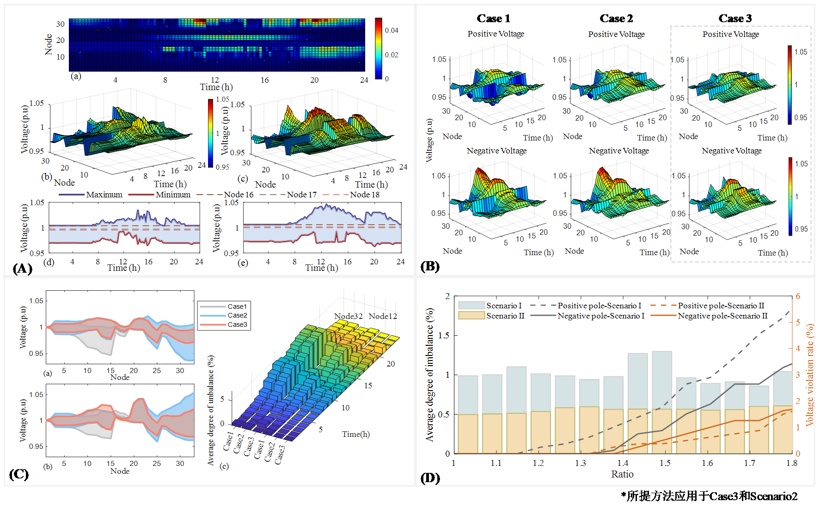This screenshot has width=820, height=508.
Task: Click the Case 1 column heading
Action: (x=494, y=18)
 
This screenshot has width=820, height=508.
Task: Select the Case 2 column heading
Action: (x=616, y=18)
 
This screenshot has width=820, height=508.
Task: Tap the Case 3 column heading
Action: (x=735, y=18)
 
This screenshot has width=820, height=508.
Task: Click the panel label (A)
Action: (x=22, y=269)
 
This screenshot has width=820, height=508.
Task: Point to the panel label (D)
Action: (x=430, y=478)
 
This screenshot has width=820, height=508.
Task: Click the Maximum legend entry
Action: (x=104, y=195)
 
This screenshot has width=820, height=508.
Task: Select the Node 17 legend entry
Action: (x=301, y=195)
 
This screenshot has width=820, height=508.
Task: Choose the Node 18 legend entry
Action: (x=364, y=195)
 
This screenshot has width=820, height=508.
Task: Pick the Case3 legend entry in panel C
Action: (x=237, y=324)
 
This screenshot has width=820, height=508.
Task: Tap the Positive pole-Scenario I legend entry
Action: (x=599, y=306)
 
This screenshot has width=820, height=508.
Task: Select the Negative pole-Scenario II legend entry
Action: (x=722, y=316)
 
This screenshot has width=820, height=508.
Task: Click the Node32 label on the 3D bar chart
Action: (x=349, y=316)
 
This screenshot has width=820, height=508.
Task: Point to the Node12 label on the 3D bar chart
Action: (x=383, y=316)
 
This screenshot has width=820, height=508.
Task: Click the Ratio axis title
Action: (x=622, y=474)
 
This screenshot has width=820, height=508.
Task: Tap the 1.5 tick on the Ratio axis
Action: (x=665, y=463)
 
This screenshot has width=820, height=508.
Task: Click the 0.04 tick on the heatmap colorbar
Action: (x=392, y=31)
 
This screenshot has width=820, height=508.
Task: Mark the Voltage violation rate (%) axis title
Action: (x=809, y=374)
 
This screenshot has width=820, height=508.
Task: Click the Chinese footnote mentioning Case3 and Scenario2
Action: (x=709, y=496)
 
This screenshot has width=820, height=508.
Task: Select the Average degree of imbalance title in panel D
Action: (x=430, y=374)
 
